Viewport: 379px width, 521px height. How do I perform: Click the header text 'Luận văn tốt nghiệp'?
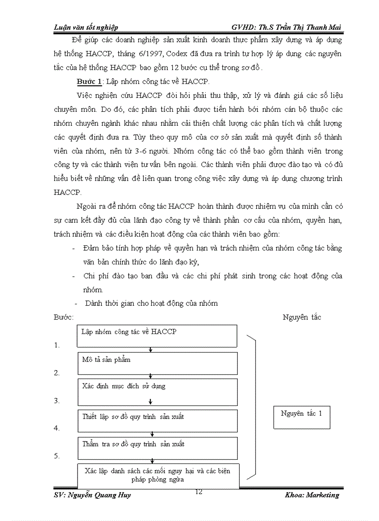tap(86, 28)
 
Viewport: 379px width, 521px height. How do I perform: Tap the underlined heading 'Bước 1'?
tap(89, 82)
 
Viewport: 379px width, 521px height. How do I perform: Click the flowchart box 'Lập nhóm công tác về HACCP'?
tap(157, 336)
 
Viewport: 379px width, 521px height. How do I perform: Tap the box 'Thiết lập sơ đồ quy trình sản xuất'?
tap(157, 420)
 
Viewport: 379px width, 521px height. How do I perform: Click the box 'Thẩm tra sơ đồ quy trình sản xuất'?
tap(157, 448)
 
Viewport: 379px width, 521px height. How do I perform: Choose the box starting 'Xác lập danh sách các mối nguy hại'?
tap(158, 475)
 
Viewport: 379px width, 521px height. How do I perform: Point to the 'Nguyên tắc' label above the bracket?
tap(301, 317)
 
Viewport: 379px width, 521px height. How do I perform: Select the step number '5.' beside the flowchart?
tap(57, 456)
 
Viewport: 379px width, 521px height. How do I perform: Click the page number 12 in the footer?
tap(199, 492)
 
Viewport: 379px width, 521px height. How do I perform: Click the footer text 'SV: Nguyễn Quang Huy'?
tap(92, 495)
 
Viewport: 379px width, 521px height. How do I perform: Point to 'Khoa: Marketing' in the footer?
tap(312, 495)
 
